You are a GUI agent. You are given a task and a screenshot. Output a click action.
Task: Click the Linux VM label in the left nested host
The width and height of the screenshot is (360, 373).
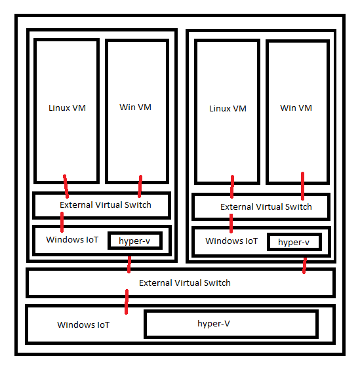pos(67,108)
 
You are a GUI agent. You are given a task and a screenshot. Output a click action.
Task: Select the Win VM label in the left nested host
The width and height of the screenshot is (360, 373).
pos(136,107)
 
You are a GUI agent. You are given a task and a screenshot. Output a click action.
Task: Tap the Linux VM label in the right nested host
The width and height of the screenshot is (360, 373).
pos(228,108)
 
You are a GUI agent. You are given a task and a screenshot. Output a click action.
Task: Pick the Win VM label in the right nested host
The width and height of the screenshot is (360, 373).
pos(296,108)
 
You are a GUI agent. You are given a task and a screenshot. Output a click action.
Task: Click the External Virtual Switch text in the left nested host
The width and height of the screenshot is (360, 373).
pos(105,205)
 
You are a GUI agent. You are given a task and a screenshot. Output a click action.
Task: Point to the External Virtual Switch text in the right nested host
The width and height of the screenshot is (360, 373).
pos(266,206)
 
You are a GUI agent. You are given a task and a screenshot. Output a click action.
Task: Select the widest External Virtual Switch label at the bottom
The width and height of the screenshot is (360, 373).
pos(185,283)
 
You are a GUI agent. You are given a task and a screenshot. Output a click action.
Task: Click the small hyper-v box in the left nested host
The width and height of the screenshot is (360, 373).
pos(134,241)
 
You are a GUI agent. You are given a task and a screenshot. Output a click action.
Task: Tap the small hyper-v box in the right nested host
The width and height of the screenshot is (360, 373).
pos(294,242)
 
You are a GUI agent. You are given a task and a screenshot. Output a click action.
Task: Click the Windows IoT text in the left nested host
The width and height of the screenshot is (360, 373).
pos(72,239)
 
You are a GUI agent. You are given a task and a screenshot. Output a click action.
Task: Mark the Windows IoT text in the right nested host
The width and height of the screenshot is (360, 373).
pos(231,241)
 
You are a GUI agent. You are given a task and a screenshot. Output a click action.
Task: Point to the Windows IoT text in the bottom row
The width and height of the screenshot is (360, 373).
pos(83,324)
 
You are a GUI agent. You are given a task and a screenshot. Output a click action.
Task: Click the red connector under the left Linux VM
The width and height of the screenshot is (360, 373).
pos(66,186)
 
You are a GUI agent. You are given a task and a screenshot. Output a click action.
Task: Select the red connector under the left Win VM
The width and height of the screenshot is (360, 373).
pos(140,186)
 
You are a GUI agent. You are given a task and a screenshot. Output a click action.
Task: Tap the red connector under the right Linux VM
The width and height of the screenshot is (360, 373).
pos(231,186)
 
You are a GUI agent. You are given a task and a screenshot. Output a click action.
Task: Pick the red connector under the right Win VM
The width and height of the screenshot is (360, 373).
pos(302,186)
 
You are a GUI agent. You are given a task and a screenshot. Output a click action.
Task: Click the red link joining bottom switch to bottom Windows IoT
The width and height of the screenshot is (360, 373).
pos(127,302)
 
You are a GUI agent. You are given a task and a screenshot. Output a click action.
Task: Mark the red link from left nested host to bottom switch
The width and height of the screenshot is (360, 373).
pos(129,264)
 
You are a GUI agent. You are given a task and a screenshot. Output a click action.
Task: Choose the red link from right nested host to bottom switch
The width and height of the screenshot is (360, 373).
pos(304,265)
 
